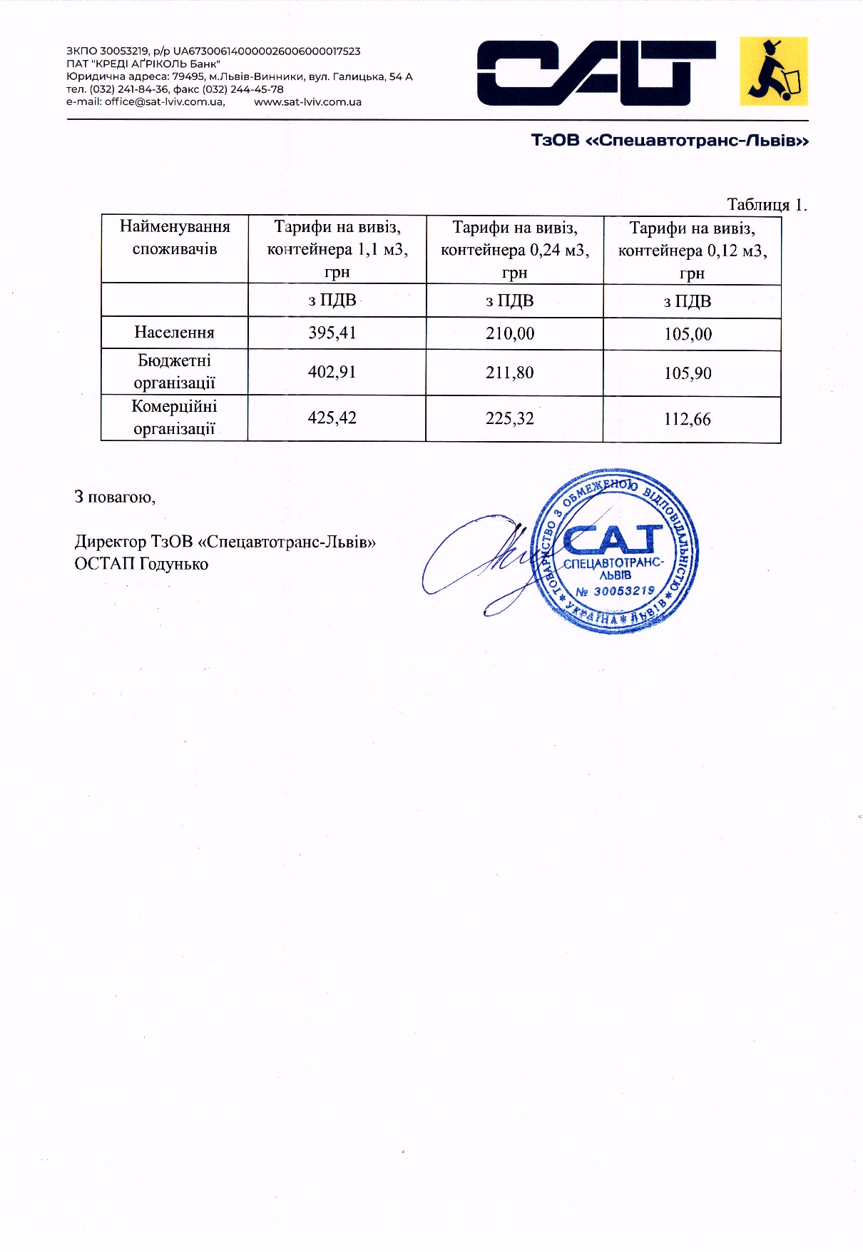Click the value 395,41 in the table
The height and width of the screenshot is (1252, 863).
(332, 333)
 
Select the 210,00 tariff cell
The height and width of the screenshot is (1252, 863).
(510, 333)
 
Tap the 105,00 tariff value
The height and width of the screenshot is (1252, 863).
(688, 334)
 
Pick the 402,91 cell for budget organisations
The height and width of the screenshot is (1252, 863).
(332, 372)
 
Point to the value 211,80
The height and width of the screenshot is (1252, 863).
(510, 373)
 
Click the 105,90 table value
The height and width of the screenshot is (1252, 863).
(688, 373)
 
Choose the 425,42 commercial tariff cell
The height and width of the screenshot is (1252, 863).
(332, 418)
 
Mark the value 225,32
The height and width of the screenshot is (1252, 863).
(510, 418)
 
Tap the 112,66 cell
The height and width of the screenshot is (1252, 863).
(688, 419)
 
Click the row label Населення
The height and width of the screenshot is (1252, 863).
(174, 332)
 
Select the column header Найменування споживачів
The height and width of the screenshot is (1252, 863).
(175, 238)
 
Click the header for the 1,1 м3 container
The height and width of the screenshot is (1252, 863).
(337, 249)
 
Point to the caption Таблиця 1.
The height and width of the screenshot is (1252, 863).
(767, 205)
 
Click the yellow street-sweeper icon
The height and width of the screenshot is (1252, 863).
(774, 71)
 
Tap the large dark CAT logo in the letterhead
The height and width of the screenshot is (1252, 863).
(596, 73)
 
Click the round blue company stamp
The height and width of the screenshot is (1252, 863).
(616, 550)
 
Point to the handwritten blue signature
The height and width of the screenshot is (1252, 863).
(485, 564)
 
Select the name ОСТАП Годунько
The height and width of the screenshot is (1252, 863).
(141, 564)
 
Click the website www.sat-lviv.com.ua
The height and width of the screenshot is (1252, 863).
(307, 101)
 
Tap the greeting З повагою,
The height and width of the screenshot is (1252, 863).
(115, 497)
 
